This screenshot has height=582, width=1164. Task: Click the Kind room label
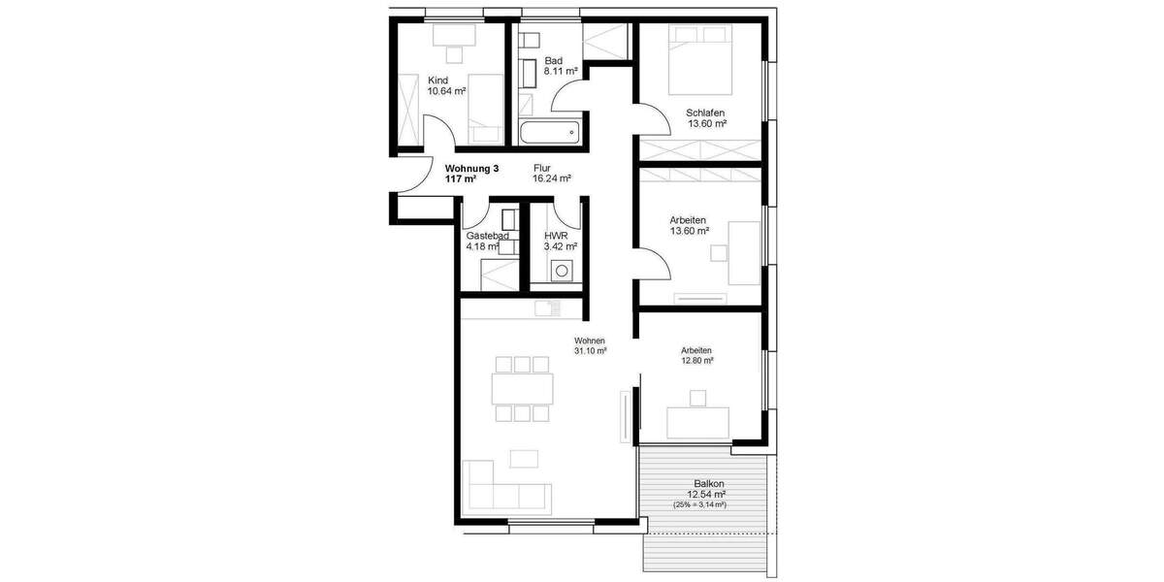point(438,81)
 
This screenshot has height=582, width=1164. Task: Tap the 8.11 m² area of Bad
point(561,72)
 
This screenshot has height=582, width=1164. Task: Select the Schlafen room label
point(706,113)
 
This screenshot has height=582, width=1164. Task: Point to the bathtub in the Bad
point(548,131)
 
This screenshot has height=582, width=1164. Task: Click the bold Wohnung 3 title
point(466,168)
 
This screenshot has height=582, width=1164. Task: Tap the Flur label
point(542,168)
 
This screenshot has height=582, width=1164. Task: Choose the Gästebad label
point(488,236)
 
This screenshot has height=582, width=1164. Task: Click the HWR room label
point(556,236)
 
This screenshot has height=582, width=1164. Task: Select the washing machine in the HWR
point(561,272)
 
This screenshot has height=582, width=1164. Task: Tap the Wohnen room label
point(590,340)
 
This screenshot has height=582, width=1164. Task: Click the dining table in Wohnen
point(524,389)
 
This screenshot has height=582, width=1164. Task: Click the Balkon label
point(709,483)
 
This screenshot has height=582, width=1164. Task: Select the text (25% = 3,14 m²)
point(700,505)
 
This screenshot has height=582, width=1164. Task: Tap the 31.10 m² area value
point(590,351)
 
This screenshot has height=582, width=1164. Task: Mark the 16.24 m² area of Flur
point(552,178)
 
